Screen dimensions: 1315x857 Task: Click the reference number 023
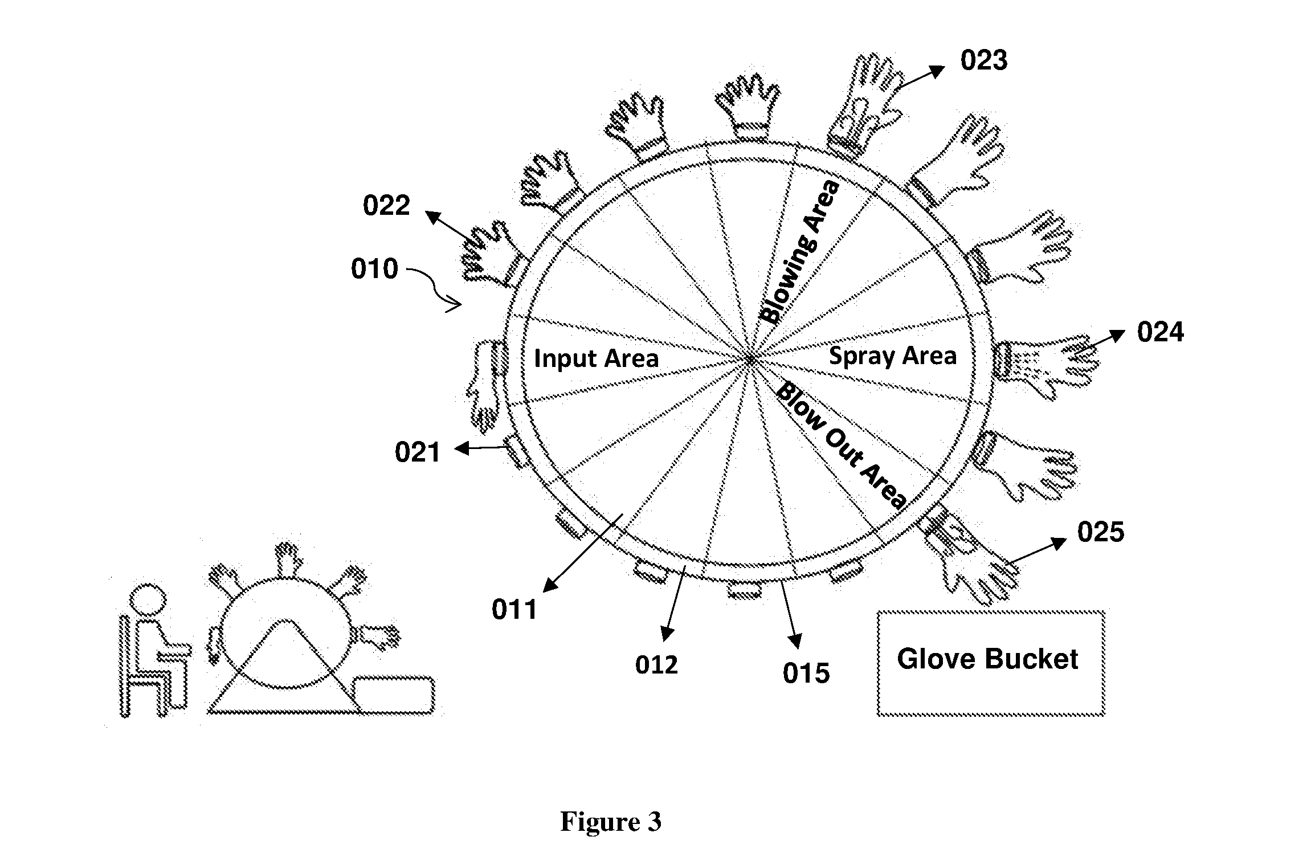click(984, 60)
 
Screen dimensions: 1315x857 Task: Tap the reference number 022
click(386, 206)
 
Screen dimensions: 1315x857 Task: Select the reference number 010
click(374, 269)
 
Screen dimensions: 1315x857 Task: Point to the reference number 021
click(418, 452)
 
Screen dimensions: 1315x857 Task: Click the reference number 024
click(1161, 332)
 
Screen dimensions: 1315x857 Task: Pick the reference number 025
click(1101, 532)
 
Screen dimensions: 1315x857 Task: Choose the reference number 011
click(515, 610)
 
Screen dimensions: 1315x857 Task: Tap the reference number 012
click(657, 665)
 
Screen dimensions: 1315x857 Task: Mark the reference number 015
click(806, 674)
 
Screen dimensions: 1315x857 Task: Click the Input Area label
click(597, 358)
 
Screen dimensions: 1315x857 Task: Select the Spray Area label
click(893, 356)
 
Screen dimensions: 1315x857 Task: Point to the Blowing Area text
click(801, 251)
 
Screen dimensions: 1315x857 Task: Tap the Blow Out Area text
click(841, 445)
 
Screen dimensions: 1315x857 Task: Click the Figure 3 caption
click(611, 822)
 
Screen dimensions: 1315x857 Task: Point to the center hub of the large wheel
click(751, 360)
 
